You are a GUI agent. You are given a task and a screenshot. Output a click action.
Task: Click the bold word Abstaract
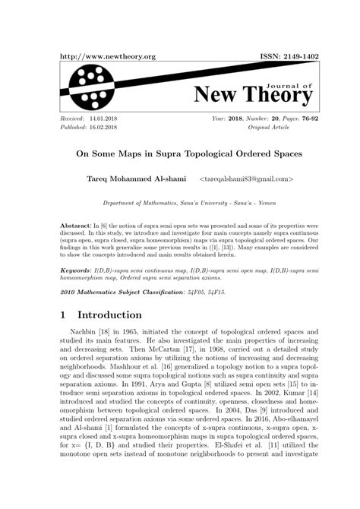pos(75,227)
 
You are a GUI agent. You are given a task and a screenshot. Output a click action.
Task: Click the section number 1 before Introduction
pos(65,315)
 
